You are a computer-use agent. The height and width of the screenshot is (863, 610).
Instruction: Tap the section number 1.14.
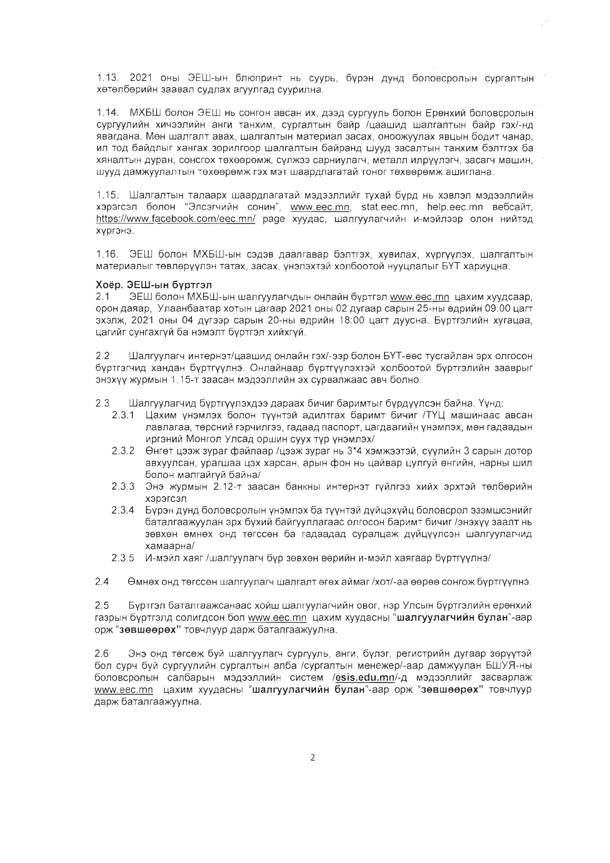coord(108,113)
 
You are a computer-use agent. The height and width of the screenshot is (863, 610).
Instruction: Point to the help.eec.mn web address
coord(453,207)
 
